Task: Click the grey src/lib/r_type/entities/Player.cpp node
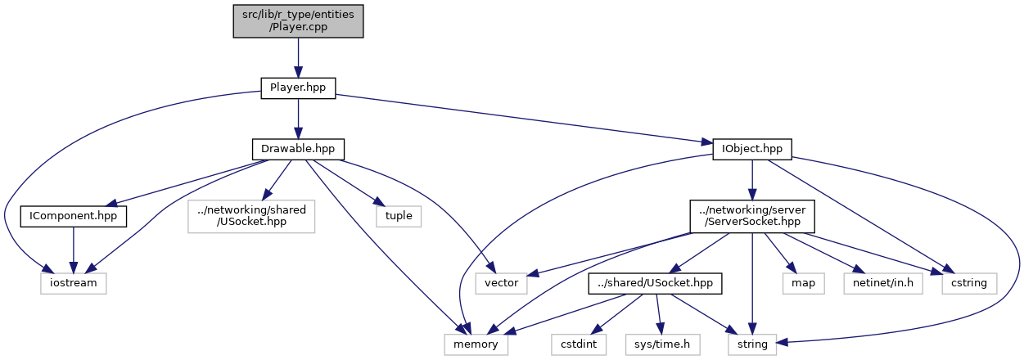pyautogui.click(x=298, y=20)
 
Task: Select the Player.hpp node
pyautogui.click(x=298, y=88)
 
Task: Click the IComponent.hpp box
pyautogui.click(x=74, y=217)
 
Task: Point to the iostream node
pyautogui.click(x=74, y=283)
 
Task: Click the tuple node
pyautogui.click(x=399, y=217)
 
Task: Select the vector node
pyautogui.click(x=502, y=283)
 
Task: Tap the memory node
pyautogui.click(x=476, y=344)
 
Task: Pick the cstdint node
pyautogui.click(x=579, y=344)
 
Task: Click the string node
pyautogui.click(x=752, y=344)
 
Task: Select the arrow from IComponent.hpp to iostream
pyautogui.click(x=74, y=250)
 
